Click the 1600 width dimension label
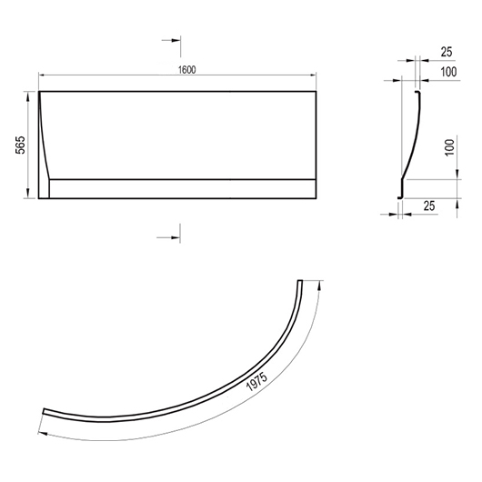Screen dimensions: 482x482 click(x=187, y=70)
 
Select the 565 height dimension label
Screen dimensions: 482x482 click(x=21, y=145)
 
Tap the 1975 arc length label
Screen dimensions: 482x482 click(x=257, y=382)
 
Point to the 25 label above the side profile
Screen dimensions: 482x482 click(x=447, y=52)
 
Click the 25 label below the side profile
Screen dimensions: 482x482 click(x=429, y=206)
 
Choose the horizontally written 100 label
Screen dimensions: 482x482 click(x=448, y=72)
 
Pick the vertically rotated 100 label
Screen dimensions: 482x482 click(x=449, y=147)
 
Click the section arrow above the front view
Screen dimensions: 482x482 click(x=171, y=40)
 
